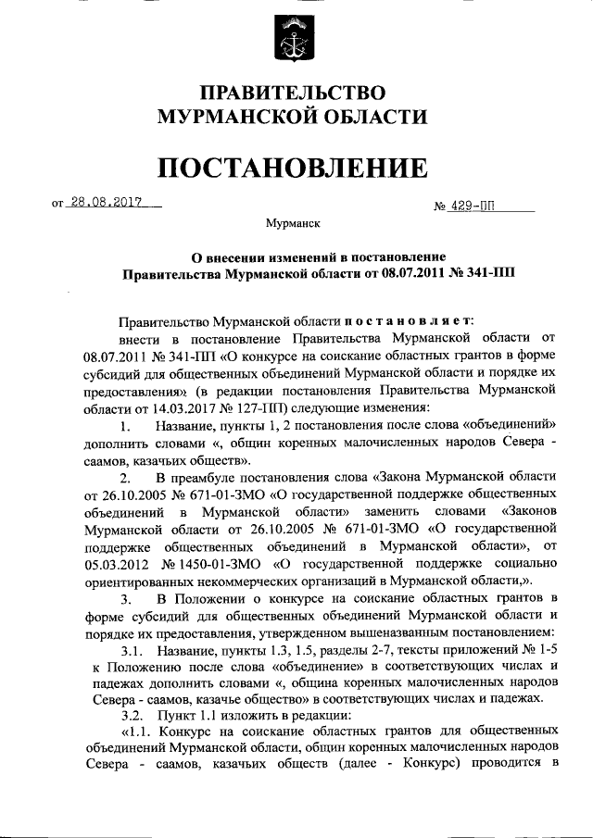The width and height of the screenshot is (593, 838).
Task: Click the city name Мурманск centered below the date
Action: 294,224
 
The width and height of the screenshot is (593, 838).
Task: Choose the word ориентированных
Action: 146,580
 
